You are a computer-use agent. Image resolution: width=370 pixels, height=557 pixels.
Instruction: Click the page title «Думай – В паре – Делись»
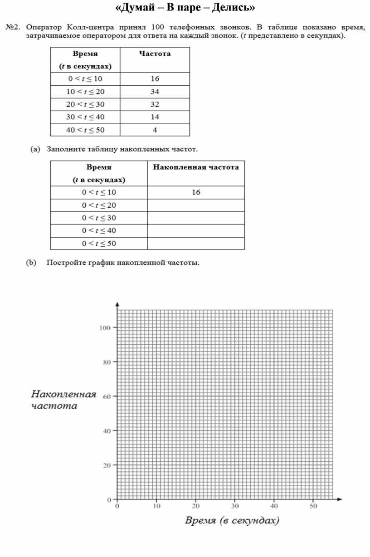coord(185,8)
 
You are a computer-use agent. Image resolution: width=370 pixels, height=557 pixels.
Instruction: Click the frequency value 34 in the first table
coord(155,92)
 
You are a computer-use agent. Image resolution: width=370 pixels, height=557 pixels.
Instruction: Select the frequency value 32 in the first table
coord(155,104)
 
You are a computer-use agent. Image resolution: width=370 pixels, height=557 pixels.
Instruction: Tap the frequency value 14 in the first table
coord(155,117)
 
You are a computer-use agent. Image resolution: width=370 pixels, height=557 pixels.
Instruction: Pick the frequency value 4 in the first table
coord(155,130)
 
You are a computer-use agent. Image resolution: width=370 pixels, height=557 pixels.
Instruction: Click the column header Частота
coord(155,54)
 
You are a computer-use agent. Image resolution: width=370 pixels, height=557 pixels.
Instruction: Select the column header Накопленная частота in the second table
coord(196,167)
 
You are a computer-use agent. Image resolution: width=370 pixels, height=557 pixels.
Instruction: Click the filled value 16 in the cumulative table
coord(196,192)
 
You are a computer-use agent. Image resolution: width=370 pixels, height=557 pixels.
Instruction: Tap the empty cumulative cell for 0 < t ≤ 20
coord(196,205)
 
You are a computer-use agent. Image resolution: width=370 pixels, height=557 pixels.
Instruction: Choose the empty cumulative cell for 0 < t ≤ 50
coord(196,244)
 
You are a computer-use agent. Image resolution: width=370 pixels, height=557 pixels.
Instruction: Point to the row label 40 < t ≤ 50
coord(85,130)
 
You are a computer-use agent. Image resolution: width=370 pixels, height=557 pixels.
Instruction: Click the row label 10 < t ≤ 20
coord(85,92)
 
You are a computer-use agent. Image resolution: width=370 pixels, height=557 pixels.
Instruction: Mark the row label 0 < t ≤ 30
coord(99,218)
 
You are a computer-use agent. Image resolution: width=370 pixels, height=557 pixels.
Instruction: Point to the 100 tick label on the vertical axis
coord(105,327)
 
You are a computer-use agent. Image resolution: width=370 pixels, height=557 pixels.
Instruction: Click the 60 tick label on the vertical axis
coord(107,396)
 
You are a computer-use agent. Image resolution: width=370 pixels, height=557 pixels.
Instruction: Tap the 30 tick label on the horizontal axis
coord(234,506)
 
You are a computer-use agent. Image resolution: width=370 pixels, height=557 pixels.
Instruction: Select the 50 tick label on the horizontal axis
coord(313,506)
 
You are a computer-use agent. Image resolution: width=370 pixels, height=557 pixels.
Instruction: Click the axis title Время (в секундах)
coord(231,520)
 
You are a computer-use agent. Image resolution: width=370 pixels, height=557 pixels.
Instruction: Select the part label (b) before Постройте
coord(31,263)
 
